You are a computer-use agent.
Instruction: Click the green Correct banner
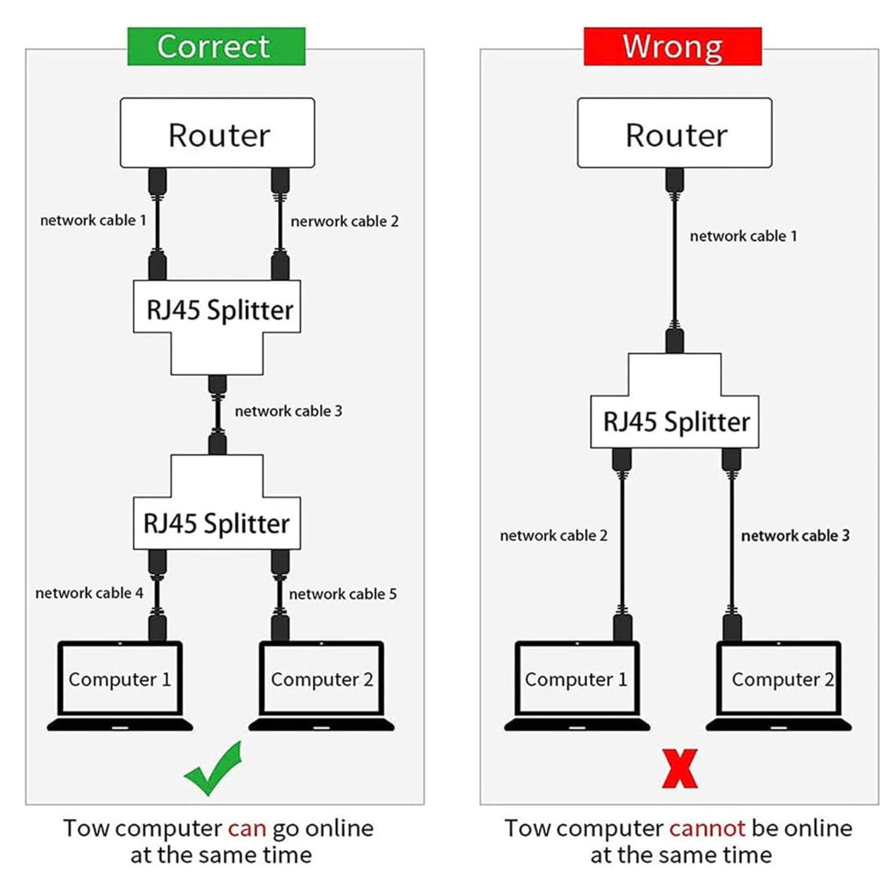(x=216, y=46)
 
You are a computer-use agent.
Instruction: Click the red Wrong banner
(x=673, y=46)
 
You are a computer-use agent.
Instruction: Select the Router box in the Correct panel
(x=217, y=133)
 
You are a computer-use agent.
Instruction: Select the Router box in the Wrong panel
(x=675, y=133)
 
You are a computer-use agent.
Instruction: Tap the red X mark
(x=679, y=769)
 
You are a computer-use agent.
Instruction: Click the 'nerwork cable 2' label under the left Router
(x=345, y=222)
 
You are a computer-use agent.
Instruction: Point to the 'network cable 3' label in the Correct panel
(x=288, y=412)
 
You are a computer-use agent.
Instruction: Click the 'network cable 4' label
(x=89, y=593)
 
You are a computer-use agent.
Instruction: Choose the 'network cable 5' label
(x=343, y=595)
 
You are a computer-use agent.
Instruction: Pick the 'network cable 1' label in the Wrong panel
(x=744, y=236)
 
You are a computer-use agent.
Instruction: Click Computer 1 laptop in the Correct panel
(x=120, y=686)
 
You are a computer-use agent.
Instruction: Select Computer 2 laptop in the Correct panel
(x=322, y=686)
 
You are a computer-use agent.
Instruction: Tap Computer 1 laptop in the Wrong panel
(x=577, y=686)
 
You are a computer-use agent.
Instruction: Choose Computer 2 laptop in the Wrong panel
(x=779, y=686)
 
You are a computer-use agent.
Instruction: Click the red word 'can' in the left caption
(x=247, y=829)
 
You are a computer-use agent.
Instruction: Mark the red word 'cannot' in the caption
(x=707, y=829)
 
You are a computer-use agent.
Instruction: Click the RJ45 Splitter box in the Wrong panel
(x=675, y=421)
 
